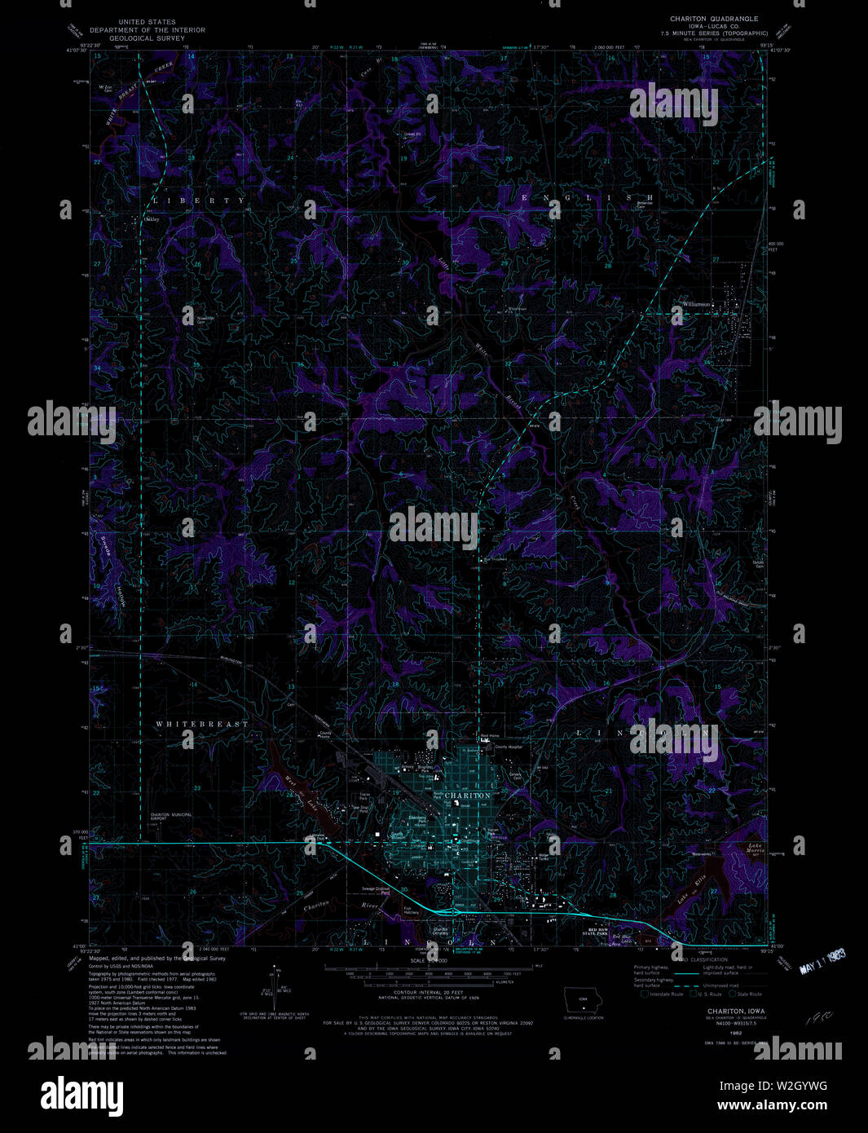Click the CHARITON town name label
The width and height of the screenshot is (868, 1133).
tap(468, 795)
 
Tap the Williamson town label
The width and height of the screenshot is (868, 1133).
tap(697, 304)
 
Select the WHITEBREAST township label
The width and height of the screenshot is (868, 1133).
tap(202, 724)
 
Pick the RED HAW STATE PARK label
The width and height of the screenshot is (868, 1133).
tap(598, 930)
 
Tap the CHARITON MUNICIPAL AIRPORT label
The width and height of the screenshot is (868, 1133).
tap(170, 817)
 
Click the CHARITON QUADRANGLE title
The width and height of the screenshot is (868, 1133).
tap(714, 18)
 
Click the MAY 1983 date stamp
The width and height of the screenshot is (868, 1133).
tap(821, 963)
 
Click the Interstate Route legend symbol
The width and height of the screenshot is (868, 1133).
tap(645, 994)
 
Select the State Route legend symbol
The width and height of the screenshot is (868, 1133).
tap(733, 994)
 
